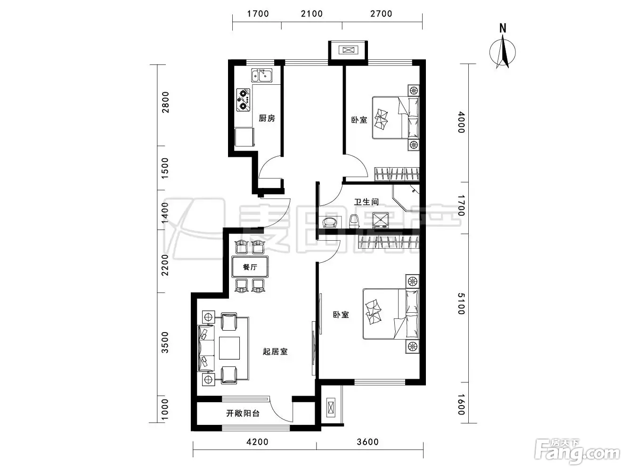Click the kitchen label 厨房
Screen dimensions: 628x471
(267, 118)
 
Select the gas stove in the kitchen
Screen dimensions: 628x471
(243, 100)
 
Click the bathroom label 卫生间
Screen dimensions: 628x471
(366, 202)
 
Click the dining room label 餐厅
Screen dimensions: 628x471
(250, 267)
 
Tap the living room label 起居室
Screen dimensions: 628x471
(275, 351)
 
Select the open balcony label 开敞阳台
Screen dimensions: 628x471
(243, 413)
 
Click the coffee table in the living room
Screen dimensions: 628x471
(229, 348)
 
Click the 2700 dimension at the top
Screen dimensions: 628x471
(381, 14)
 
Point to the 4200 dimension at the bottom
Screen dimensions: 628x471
(257, 442)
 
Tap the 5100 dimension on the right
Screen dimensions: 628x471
(461, 304)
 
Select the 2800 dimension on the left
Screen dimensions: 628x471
(165, 102)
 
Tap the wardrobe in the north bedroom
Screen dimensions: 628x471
(397, 174)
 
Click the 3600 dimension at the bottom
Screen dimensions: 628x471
(367, 442)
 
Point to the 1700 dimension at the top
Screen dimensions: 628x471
(258, 14)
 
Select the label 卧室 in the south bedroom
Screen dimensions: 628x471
(341, 315)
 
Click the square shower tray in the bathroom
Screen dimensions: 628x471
(380, 220)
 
